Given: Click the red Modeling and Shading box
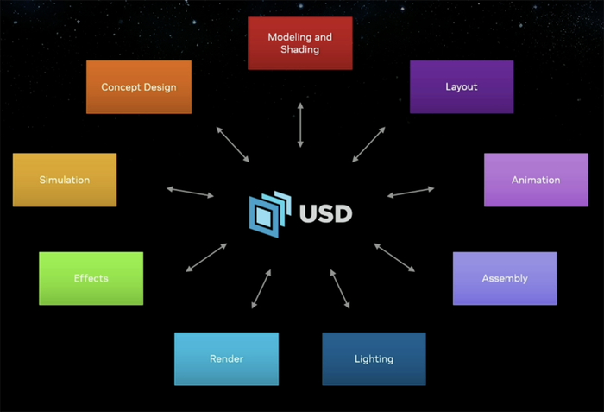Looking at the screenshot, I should click(x=299, y=43).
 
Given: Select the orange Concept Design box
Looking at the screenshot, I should click(x=139, y=87).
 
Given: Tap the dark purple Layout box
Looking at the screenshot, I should click(x=462, y=87).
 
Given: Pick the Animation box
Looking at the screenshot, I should click(x=536, y=180).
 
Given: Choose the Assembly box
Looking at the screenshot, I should click(x=505, y=278).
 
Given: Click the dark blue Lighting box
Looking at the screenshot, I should click(x=374, y=358).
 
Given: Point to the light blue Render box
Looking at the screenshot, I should click(x=226, y=358).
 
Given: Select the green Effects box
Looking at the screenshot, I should click(x=91, y=278).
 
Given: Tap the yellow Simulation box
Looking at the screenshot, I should click(x=65, y=180).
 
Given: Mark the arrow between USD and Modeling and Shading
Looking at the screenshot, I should click(x=300, y=124).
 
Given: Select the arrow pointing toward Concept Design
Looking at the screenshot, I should click(x=232, y=144).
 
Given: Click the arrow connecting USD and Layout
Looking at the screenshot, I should click(x=368, y=144).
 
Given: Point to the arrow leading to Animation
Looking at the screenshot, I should click(x=410, y=192).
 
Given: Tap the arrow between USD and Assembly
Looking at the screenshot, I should click(x=394, y=258).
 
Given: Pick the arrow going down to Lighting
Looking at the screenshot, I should click(x=340, y=288).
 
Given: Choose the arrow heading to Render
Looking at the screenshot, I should click(x=260, y=288).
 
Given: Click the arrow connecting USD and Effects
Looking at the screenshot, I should click(x=206, y=258).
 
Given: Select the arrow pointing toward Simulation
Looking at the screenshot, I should click(x=190, y=192).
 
